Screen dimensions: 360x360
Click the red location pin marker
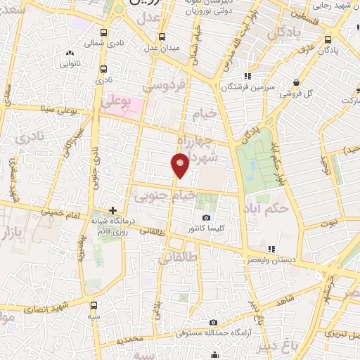[180, 165]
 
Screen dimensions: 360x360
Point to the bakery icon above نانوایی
[69, 53]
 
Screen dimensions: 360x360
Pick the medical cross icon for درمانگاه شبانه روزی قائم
[112, 210]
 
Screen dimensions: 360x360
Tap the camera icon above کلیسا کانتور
[206, 218]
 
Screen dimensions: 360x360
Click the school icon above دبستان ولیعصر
[271, 248]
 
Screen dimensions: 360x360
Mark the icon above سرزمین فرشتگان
[247, 76]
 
